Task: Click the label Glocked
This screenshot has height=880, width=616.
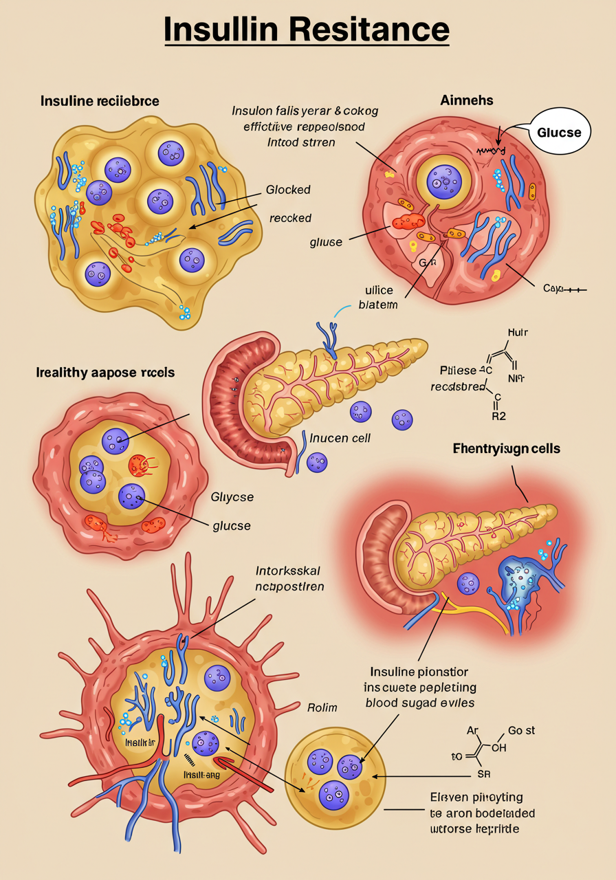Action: pos(288,190)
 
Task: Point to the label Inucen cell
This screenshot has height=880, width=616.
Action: pos(340,437)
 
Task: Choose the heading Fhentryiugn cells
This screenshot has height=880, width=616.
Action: pos(507,449)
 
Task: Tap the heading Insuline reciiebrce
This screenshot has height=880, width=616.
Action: pos(100,101)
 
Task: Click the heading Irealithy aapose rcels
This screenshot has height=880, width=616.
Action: pos(105,373)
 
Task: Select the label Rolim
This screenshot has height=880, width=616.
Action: pos(321,707)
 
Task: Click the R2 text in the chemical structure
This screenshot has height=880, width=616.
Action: pos(498,415)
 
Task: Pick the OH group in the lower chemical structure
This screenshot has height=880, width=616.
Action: pos(499,749)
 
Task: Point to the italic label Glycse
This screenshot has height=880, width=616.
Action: pos(230,497)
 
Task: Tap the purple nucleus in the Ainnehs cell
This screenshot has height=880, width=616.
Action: pos(443,181)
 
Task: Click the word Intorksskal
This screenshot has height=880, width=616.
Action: pos(288,571)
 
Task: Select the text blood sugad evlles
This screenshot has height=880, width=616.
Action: pos(419,703)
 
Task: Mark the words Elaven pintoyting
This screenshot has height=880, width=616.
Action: pos(476,797)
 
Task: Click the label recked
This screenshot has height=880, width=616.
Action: pos(290,218)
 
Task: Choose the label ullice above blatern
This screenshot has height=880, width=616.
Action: pos(378,291)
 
